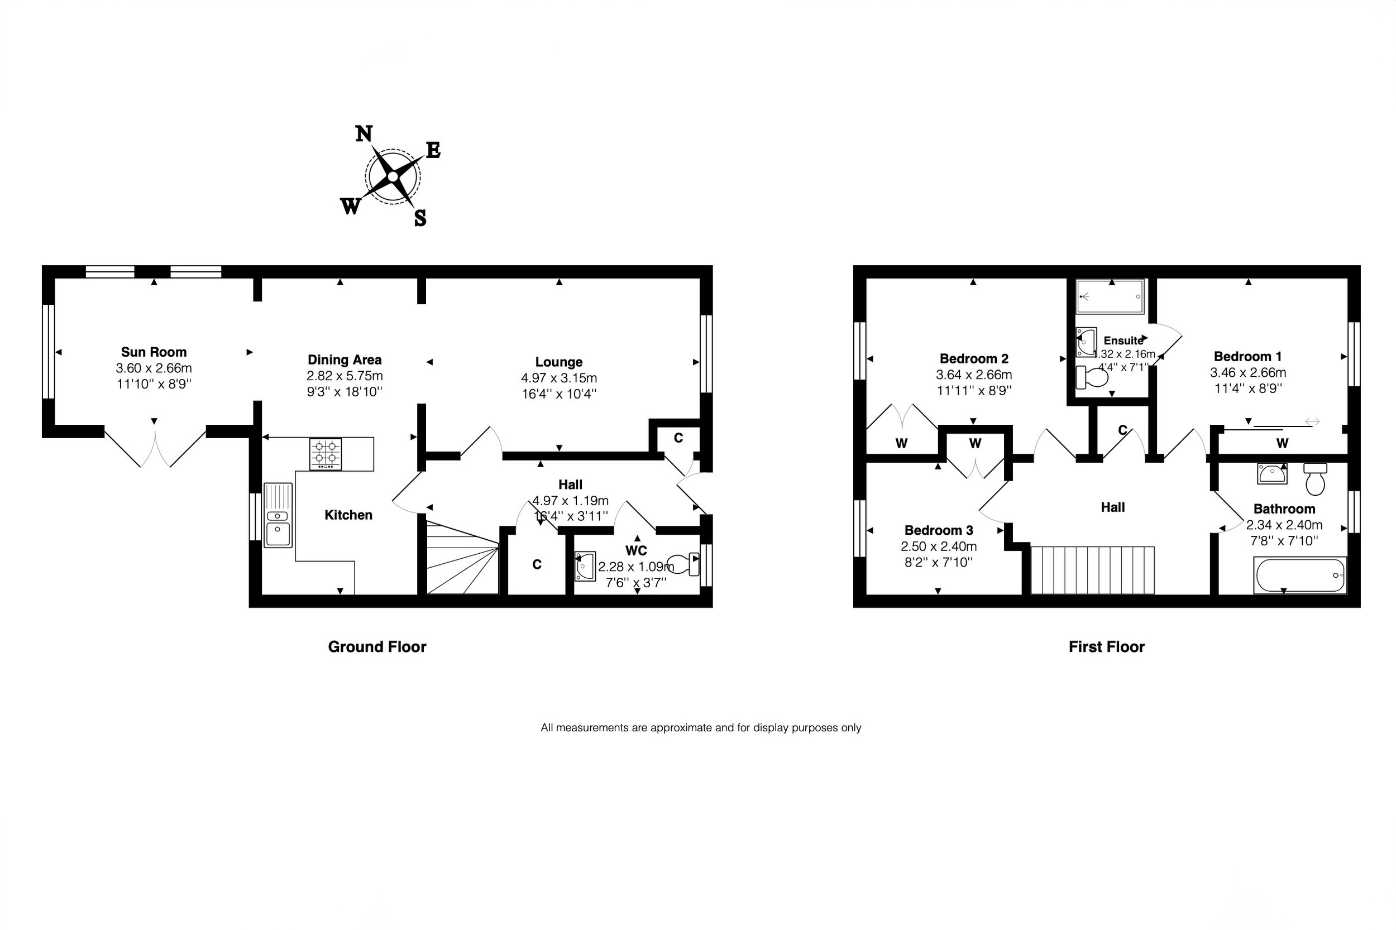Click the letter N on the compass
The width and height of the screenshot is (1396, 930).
[364, 133]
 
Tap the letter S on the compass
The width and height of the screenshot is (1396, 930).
[420, 218]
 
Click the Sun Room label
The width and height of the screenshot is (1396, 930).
[154, 352]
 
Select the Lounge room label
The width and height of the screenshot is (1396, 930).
[559, 362]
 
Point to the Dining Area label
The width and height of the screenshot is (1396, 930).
[345, 359]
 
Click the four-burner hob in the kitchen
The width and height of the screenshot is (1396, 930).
[326, 454]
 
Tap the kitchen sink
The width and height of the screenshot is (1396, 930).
[278, 515]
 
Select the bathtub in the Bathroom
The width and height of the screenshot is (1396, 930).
[1300, 576]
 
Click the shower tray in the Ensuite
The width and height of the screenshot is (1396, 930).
[1110, 296]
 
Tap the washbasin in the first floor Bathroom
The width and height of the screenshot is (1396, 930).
[1272, 474]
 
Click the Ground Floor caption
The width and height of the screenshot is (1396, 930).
[377, 646]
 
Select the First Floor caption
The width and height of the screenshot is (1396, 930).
[1107, 646]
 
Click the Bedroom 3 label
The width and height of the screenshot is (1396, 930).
[939, 530]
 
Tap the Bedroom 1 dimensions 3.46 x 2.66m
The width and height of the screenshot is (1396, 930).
[1248, 372]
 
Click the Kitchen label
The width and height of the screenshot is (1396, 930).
[348, 515]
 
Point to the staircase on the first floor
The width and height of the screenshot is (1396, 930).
[1093, 570]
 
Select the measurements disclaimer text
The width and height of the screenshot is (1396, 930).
[701, 728]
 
